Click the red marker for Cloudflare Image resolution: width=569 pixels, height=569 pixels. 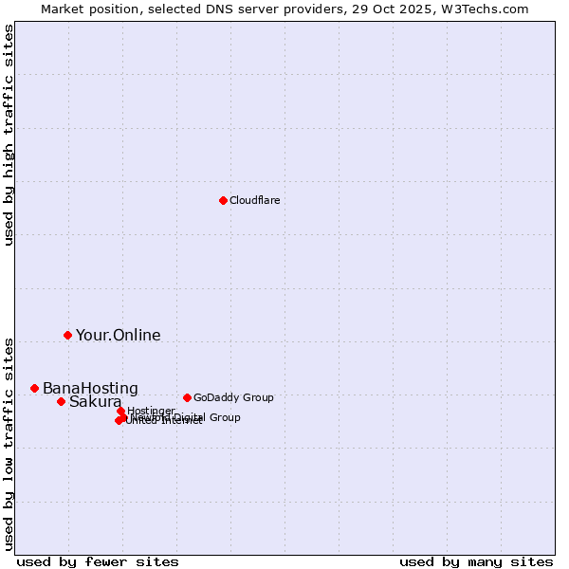click(223, 200)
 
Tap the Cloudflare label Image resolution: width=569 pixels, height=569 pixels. click(254, 200)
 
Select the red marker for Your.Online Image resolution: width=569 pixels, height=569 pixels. click(67, 335)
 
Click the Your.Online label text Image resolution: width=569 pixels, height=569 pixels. click(118, 335)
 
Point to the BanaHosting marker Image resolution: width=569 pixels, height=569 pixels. click(34, 388)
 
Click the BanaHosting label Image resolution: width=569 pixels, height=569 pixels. click(90, 389)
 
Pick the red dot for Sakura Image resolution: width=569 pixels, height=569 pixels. click(61, 401)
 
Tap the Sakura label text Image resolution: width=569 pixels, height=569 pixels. click(95, 402)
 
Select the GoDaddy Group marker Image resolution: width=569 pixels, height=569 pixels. click(187, 397)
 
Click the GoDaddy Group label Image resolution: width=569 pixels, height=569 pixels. click(233, 397)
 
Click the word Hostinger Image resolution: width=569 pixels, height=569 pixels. click(151, 411)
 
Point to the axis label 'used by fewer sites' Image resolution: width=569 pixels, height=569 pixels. click(98, 561)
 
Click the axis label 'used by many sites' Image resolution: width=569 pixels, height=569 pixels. click(476, 561)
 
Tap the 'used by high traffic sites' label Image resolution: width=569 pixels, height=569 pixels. click(9, 134)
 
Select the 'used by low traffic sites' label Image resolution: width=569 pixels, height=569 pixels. click(9, 442)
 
